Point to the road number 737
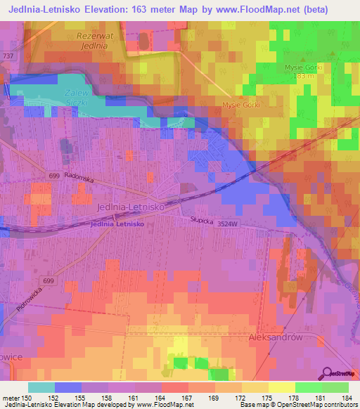(x=7, y=56)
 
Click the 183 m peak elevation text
(x=303, y=75)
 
